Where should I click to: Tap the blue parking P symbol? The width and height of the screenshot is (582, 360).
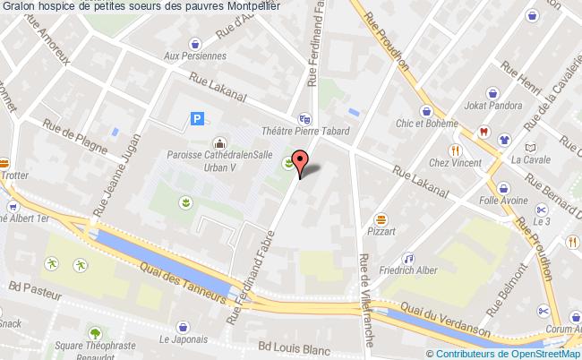(198, 118)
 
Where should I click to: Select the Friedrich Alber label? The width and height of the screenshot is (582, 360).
(407, 270)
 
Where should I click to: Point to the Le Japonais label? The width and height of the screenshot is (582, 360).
(184, 339)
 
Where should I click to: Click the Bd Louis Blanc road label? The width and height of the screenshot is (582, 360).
(294, 350)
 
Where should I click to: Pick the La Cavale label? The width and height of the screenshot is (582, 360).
(530, 160)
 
